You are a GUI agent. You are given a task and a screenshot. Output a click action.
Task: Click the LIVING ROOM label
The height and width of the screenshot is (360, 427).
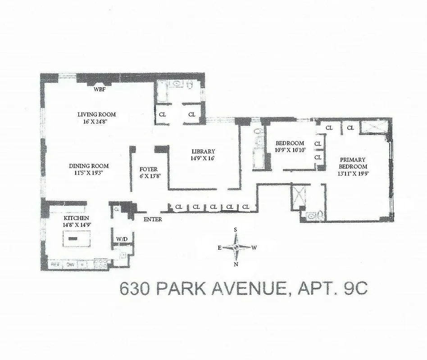[x=96, y=114]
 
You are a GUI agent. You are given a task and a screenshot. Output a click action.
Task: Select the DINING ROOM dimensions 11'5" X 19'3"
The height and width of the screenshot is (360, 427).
[x=89, y=173]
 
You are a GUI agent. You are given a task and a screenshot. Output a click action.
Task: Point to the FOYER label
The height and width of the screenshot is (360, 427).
[x=149, y=169]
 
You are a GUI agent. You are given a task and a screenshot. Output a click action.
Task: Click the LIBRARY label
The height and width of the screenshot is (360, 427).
[x=203, y=151]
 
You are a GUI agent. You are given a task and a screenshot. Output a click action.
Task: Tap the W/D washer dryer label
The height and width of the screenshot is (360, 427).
[x=122, y=239]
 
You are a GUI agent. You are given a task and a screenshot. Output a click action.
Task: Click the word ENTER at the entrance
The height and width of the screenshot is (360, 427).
[x=152, y=220]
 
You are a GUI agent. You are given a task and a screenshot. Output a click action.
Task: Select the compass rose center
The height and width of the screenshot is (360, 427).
[x=236, y=247]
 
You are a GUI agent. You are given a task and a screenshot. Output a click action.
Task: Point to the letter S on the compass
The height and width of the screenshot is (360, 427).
[x=235, y=230]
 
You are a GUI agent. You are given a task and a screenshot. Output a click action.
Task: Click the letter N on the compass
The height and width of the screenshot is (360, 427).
[x=236, y=264]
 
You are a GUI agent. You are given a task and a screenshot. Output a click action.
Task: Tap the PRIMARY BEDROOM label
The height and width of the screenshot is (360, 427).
[x=353, y=163]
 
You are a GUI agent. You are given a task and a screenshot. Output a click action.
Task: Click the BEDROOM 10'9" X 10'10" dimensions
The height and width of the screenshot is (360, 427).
[x=291, y=150]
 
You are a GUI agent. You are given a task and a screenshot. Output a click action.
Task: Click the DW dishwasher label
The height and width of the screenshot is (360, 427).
[x=70, y=265]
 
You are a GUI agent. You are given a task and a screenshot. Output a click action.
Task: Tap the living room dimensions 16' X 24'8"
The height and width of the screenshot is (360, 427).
[x=96, y=121]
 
